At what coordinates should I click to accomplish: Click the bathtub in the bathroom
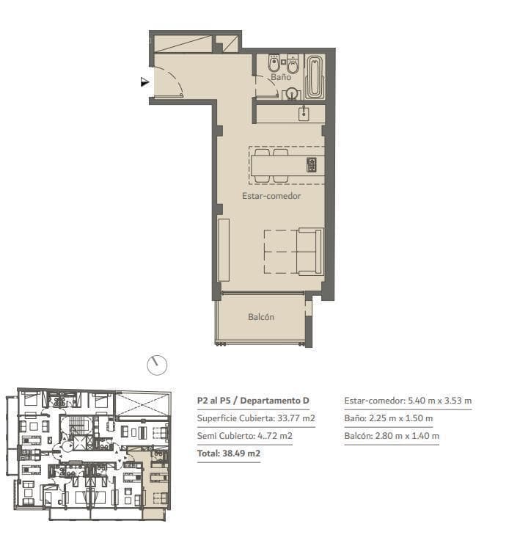[314, 76]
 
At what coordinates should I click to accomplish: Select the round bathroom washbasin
[292, 93]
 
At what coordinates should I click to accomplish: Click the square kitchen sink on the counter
[304, 114]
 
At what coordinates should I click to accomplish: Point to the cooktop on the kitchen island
[311, 165]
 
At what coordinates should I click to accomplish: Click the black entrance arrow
[144, 82]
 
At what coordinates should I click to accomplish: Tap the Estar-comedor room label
[271, 196]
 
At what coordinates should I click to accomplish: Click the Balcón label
[261, 316]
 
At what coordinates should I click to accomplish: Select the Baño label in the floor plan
[281, 76]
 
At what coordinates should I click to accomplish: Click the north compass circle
[157, 365]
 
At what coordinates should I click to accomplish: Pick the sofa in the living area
[310, 251]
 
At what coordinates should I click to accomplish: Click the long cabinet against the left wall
[224, 249]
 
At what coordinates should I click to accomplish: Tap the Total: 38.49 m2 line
[229, 453]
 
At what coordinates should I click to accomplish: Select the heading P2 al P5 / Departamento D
[253, 401]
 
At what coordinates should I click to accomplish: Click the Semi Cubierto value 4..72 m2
[275, 436]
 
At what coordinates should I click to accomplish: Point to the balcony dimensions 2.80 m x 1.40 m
[407, 436]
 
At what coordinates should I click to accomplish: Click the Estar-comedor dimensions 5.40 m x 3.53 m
[440, 401]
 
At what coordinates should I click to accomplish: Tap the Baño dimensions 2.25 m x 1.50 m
[401, 418]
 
